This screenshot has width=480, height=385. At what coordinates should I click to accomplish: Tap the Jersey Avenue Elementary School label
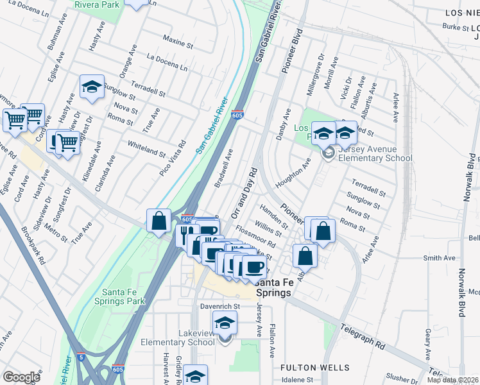tap(375, 158)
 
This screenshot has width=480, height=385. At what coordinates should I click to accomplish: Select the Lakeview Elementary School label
tap(177, 342)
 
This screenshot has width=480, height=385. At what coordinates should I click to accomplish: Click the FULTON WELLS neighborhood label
tap(315, 368)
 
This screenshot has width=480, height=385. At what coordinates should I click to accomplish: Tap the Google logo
tap(21, 377)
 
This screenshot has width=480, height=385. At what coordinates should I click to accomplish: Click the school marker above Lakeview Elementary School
tap(225, 323)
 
